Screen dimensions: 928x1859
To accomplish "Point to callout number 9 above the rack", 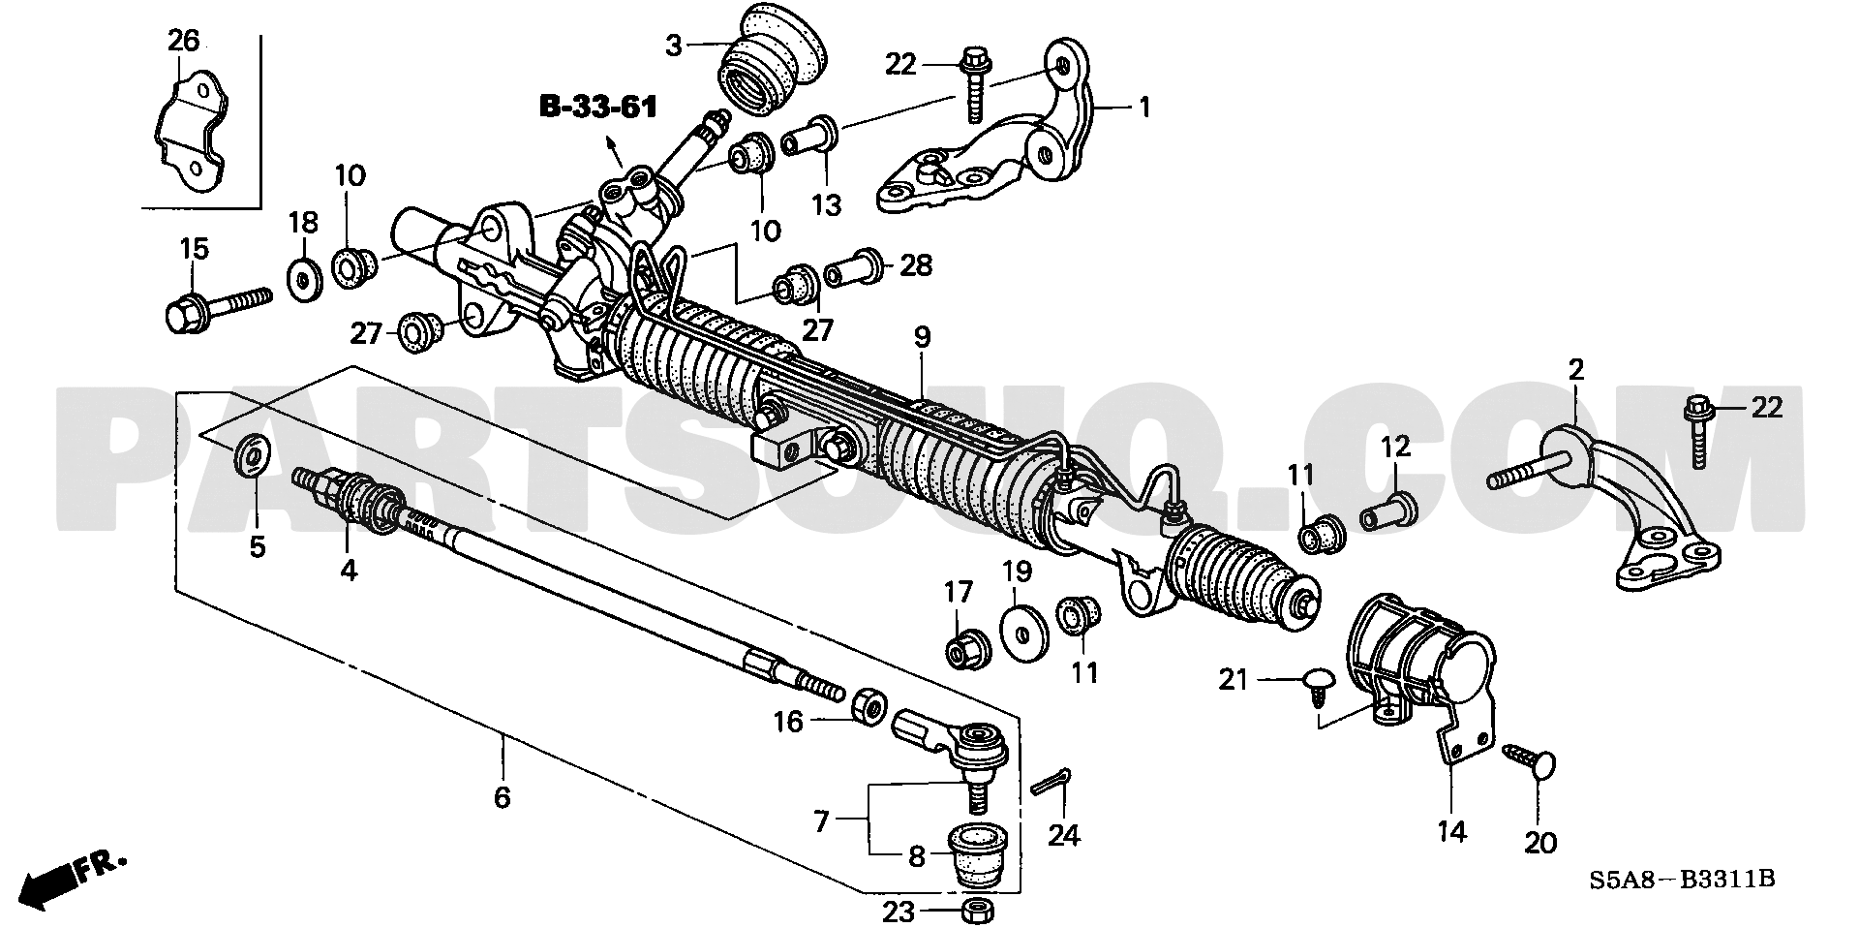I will point(921,337).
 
